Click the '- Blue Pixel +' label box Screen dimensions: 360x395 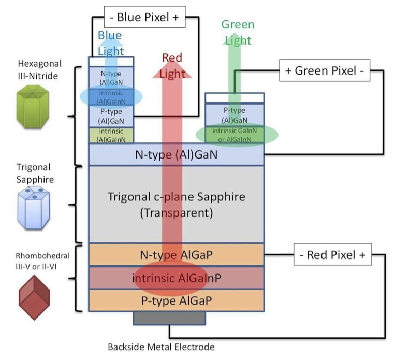click(x=144, y=17)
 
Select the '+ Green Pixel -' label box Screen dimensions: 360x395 click(x=325, y=70)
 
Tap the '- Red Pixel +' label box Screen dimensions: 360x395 click(x=333, y=255)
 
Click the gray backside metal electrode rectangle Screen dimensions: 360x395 click(x=169, y=318)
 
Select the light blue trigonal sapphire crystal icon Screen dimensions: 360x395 click(x=32, y=207)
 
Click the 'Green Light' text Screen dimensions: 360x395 click(x=238, y=32)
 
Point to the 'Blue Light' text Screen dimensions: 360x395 click(x=110, y=42)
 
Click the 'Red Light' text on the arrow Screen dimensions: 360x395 click(x=172, y=65)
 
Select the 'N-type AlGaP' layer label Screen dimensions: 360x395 click(x=176, y=255)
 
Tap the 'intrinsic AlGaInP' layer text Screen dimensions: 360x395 click(x=177, y=278)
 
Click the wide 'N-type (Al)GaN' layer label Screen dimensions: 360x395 click(x=177, y=154)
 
